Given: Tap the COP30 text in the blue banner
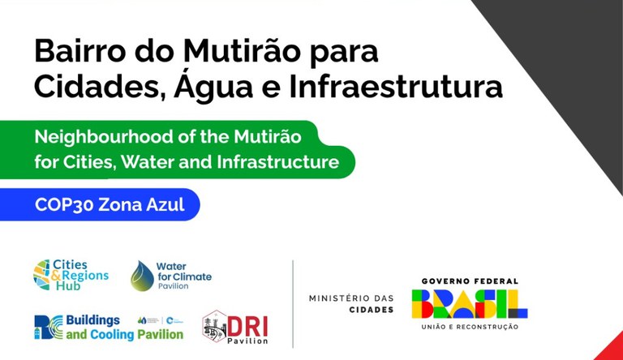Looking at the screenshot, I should pos(63,204).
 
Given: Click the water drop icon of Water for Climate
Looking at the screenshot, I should pos(142,276).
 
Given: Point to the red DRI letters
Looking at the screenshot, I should pos(247,324).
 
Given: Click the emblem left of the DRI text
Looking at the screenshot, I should pos(214,326).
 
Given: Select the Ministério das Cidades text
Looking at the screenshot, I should pos(350,303).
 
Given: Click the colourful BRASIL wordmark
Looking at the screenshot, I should pos(470,303).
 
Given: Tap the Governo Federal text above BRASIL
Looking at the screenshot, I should pos(470,281).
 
